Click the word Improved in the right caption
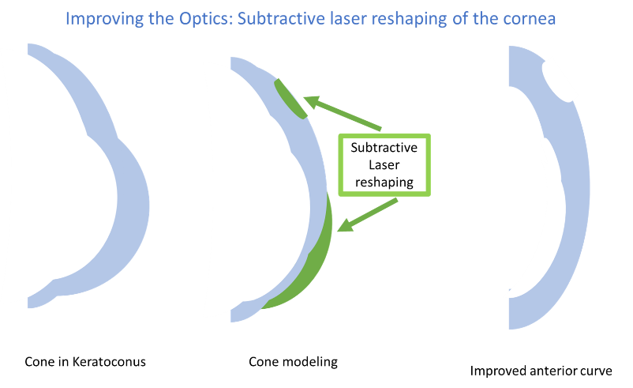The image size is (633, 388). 498,370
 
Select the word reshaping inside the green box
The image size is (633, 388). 385,182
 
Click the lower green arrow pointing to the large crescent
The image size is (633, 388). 366,215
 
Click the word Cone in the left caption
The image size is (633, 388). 37,362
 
